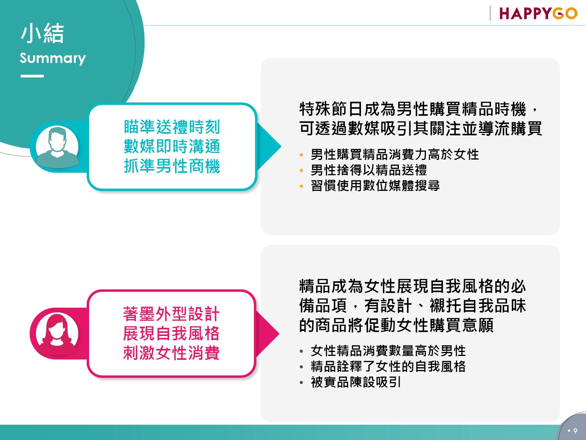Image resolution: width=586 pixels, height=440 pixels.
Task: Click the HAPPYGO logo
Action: coord(538,13)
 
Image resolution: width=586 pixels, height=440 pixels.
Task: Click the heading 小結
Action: coord(42,33)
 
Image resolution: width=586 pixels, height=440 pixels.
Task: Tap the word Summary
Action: coord(53,58)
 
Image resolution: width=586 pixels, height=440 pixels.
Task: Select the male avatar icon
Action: coord(57,147)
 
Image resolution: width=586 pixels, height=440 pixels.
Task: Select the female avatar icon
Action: coord(57,334)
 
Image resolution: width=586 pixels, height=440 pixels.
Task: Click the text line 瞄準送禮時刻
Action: coord(172,127)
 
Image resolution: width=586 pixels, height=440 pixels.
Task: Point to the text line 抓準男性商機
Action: coord(172,166)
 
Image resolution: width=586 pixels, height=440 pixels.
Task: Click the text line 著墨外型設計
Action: coord(172,314)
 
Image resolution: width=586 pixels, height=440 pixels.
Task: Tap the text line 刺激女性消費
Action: coord(172,353)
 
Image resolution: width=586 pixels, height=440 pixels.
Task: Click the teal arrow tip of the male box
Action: coord(281,146)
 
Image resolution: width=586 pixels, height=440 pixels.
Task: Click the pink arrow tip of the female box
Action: coord(279,333)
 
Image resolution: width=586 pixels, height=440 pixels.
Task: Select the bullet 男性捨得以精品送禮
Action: coord(369,170)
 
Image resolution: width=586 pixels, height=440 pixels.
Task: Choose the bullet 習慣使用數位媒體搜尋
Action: coord(375,185)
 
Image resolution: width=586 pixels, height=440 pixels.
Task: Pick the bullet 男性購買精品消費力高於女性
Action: coord(395,154)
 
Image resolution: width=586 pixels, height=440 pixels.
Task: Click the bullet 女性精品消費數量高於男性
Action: coord(388,351)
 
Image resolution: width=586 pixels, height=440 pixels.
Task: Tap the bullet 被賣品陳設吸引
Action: coord(356,382)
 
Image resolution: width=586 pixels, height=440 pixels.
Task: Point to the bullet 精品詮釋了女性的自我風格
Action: coord(388,366)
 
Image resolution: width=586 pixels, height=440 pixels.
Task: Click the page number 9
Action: coord(575,431)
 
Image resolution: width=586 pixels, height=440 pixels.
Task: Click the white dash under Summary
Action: coord(32,76)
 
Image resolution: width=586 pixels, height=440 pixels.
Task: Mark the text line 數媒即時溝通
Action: coord(172,146)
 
